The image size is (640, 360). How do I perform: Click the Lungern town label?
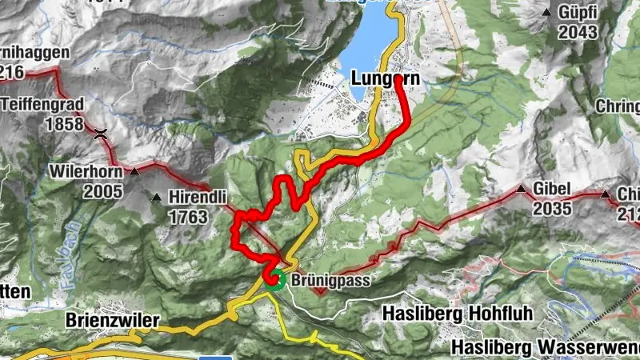pyautogui.click(x=385, y=78)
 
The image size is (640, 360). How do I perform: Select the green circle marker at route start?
pyautogui.click(x=276, y=278)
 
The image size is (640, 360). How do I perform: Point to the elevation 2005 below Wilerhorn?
pyautogui.click(x=106, y=191)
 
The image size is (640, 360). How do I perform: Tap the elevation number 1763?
pyautogui.click(x=189, y=217)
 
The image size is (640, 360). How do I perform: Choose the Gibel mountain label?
pyautogui.click(x=554, y=189)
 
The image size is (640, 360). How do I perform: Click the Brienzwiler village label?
pyautogui.click(x=112, y=321)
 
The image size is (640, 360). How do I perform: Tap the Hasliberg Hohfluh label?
pyautogui.click(x=457, y=312)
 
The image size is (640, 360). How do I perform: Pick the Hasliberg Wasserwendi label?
pyautogui.click(x=544, y=347)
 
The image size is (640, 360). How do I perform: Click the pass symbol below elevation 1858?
pyautogui.click(x=101, y=134)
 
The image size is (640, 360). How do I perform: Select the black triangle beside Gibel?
pyautogui.click(x=522, y=190)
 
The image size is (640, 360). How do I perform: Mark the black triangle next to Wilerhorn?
pyautogui.click(x=135, y=171)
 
